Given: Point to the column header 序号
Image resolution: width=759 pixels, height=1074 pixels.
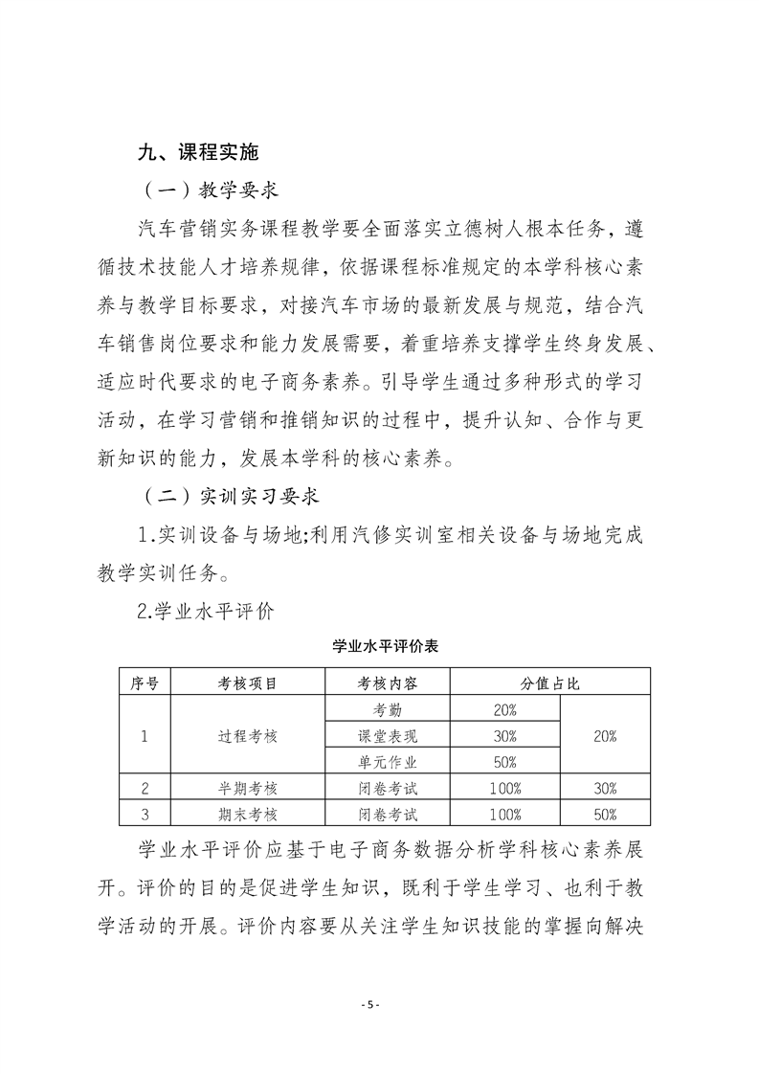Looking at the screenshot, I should point(144,683).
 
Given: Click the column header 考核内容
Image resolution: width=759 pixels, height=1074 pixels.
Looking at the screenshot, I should point(388,683).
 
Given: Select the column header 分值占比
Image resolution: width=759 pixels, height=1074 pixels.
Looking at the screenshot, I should point(550,683).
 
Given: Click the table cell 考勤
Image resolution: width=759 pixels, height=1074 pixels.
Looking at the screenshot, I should point(388,710).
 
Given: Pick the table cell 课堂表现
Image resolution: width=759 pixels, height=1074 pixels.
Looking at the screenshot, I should point(388,736).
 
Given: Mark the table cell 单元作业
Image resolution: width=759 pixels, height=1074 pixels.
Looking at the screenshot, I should point(388,762).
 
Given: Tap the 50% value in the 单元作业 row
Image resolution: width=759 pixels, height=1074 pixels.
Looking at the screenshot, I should point(504,762).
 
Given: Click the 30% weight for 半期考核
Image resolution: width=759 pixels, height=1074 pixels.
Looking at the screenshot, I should point(605,789).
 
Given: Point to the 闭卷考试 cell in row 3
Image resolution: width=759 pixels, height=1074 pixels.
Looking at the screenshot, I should point(388,815).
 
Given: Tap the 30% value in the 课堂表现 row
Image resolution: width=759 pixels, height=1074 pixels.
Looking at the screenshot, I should point(504,736).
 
